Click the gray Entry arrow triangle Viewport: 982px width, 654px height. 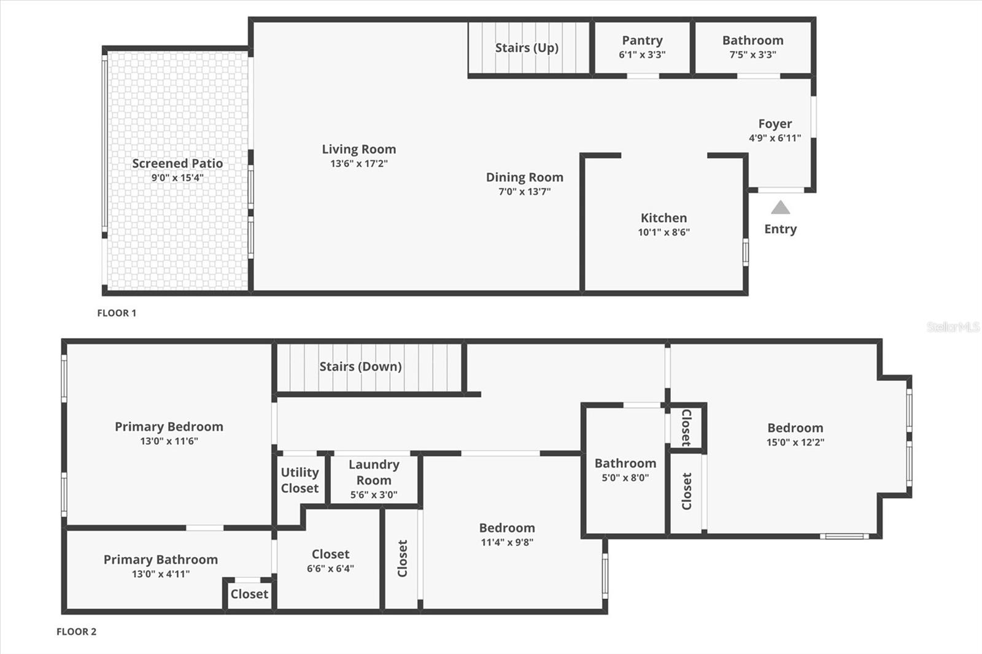[780, 208]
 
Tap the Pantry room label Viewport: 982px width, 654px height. [642, 40]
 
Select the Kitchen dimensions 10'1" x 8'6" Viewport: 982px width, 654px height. [663, 232]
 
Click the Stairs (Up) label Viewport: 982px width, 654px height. [527, 48]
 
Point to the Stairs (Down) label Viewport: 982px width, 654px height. [360, 366]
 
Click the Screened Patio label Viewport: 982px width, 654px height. [177, 163]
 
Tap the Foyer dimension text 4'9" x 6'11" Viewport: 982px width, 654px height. [775, 138]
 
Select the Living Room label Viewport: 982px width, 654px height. [359, 149]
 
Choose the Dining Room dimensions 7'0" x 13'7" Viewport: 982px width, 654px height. [524, 191]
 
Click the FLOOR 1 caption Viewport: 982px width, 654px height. [117, 313]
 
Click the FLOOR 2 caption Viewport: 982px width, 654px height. [76, 631]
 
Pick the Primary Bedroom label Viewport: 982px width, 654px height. [169, 426]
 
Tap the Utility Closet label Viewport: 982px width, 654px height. [300, 480]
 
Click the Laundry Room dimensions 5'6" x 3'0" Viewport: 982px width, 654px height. [374, 494]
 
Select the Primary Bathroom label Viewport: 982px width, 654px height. [160, 560]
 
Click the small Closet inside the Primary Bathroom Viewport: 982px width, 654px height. [249, 594]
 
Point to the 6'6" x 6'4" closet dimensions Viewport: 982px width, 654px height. [330, 569]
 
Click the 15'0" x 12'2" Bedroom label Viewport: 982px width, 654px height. [795, 428]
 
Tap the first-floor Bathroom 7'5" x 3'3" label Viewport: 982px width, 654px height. [752, 40]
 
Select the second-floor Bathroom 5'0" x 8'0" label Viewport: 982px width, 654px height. [625, 464]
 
